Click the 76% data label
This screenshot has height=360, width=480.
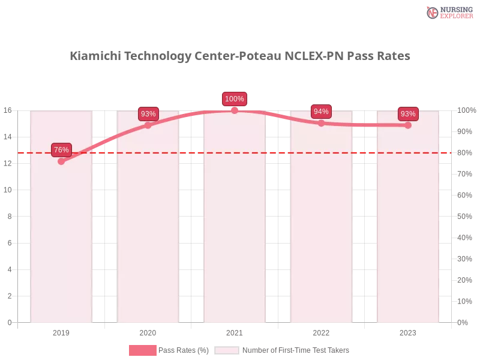pyautogui.click(x=61, y=150)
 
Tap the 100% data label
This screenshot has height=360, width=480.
pyautogui.click(x=234, y=99)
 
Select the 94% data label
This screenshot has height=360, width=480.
pyautogui.click(x=321, y=112)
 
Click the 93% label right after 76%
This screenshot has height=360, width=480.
pyautogui.click(x=148, y=114)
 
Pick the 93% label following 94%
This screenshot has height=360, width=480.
pyautogui.click(x=408, y=114)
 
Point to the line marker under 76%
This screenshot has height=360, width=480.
pyautogui.click(x=61, y=161)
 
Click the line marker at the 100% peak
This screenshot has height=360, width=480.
pyautogui.click(x=235, y=110)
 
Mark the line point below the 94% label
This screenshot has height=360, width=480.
pyautogui.click(x=321, y=123)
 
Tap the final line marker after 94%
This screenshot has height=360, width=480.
pyautogui.click(x=408, y=125)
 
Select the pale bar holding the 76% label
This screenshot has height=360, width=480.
pyautogui.click(x=61, y=240)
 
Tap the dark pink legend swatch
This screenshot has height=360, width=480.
pyautogui.click(x=142, y=350)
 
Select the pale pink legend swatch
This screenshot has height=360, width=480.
pyautogui.click(x=227, y=350)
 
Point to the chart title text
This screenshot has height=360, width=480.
pyautogui.click(x=240, y=56)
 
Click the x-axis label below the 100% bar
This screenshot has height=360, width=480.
pyautogui.click(x=235, y=331)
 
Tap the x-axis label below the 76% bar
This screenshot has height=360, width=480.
pyautogui.click(x=61, y=331)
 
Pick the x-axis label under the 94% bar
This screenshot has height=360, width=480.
pyautogui.click(x=321, y=331)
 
